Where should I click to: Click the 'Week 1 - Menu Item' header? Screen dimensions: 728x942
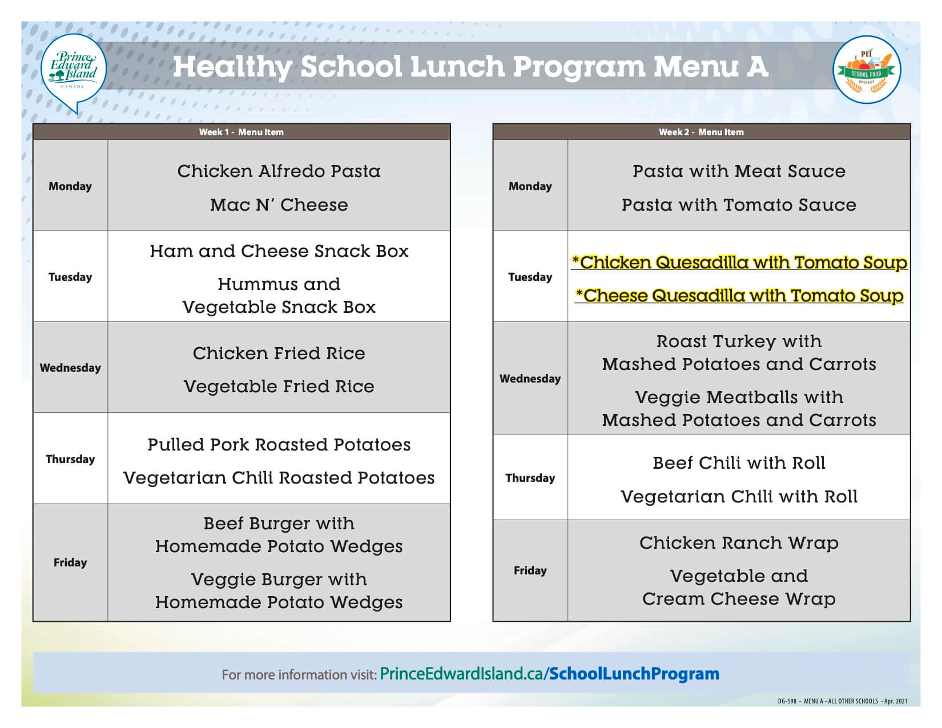click(x=241, y=132)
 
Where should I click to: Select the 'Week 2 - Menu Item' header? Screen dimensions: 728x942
click(x=701, y=132)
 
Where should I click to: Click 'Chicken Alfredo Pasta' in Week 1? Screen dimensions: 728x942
click(x=279, y=171)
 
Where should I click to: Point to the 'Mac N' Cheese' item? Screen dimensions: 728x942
click(x=279, y=204)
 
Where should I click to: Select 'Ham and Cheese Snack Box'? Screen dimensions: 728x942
click(x=279, y=251)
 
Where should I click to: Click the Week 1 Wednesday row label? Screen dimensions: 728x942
click(x=70, y=368)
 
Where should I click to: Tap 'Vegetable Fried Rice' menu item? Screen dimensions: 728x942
click(x=279, y=386)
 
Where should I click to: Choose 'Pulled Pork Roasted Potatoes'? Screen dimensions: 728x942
click(x=279, y=444)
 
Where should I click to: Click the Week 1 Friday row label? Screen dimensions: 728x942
click(x=70, y=562)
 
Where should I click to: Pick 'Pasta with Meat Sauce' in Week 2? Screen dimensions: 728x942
click(x=739, y=171)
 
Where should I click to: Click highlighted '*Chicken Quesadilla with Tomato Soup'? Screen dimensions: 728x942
click(x=739, y=262)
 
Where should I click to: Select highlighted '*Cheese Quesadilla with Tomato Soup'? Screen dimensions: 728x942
click(x=739, y=295)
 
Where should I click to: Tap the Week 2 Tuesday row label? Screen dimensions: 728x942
click(x=530, y=277)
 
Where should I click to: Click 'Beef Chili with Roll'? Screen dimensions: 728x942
click(x=739, y=462)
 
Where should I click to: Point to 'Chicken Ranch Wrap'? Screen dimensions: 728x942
click(x=739, y=542)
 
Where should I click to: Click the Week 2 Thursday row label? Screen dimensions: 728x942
click(x=530, y=478)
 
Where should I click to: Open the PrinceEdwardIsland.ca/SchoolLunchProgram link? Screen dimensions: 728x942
click(x=549, y=674)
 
